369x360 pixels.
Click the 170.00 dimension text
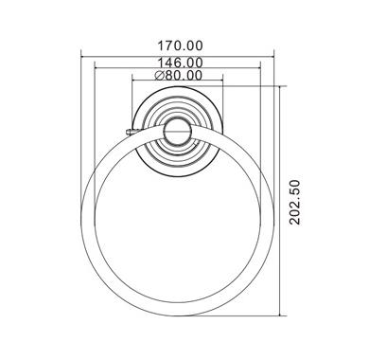180,46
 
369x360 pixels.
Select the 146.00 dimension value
180,63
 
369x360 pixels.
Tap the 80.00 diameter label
183,76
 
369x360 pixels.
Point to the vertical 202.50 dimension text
295,202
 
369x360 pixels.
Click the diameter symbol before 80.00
159,76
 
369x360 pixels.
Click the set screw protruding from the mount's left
130,132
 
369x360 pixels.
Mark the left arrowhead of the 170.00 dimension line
81,57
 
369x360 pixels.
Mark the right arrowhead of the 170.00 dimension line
273,57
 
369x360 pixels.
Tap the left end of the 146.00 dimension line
95,67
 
